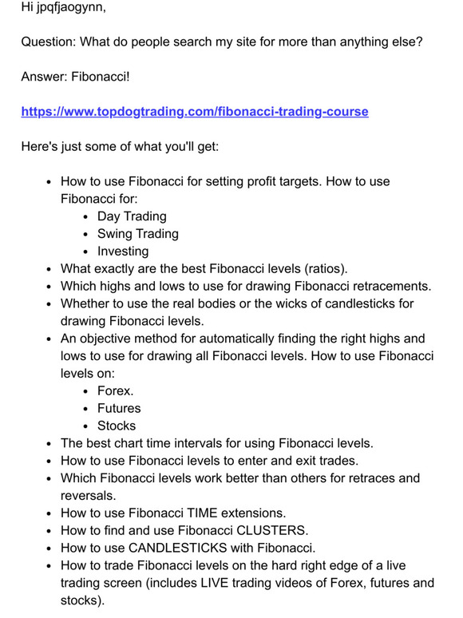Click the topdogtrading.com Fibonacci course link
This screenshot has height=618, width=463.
(195, 112)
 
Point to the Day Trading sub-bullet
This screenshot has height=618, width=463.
(132, 216)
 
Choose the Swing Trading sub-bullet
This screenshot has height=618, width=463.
(137, 234)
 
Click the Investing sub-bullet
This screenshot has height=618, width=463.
(123, 252)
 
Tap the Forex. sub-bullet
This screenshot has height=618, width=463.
(116, 391)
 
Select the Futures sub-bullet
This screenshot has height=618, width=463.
(119, 409)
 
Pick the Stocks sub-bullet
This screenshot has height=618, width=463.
(117, 426)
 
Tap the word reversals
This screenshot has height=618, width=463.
(90, 496)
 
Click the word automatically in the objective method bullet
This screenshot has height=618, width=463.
(239, 339)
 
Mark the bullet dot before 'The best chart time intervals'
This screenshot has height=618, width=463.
(50, 443)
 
